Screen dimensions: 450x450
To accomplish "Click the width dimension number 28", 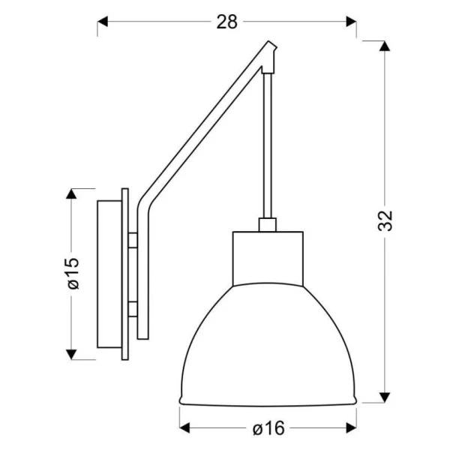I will pos(226,22).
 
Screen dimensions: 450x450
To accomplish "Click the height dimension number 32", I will pos(385,220).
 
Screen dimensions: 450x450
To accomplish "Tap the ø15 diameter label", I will pos(73,274).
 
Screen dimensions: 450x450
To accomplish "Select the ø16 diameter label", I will pos(268,428).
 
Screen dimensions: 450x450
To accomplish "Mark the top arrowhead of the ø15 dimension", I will pos(72,194).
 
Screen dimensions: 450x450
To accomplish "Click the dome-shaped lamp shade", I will pos(268,345).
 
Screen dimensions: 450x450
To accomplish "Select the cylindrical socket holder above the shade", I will pos(268,259).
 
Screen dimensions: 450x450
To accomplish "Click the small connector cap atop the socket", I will pos(267,224).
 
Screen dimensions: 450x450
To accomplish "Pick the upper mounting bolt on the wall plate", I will pos(133,240).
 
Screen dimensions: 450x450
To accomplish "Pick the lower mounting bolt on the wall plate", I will pos(133,307).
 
